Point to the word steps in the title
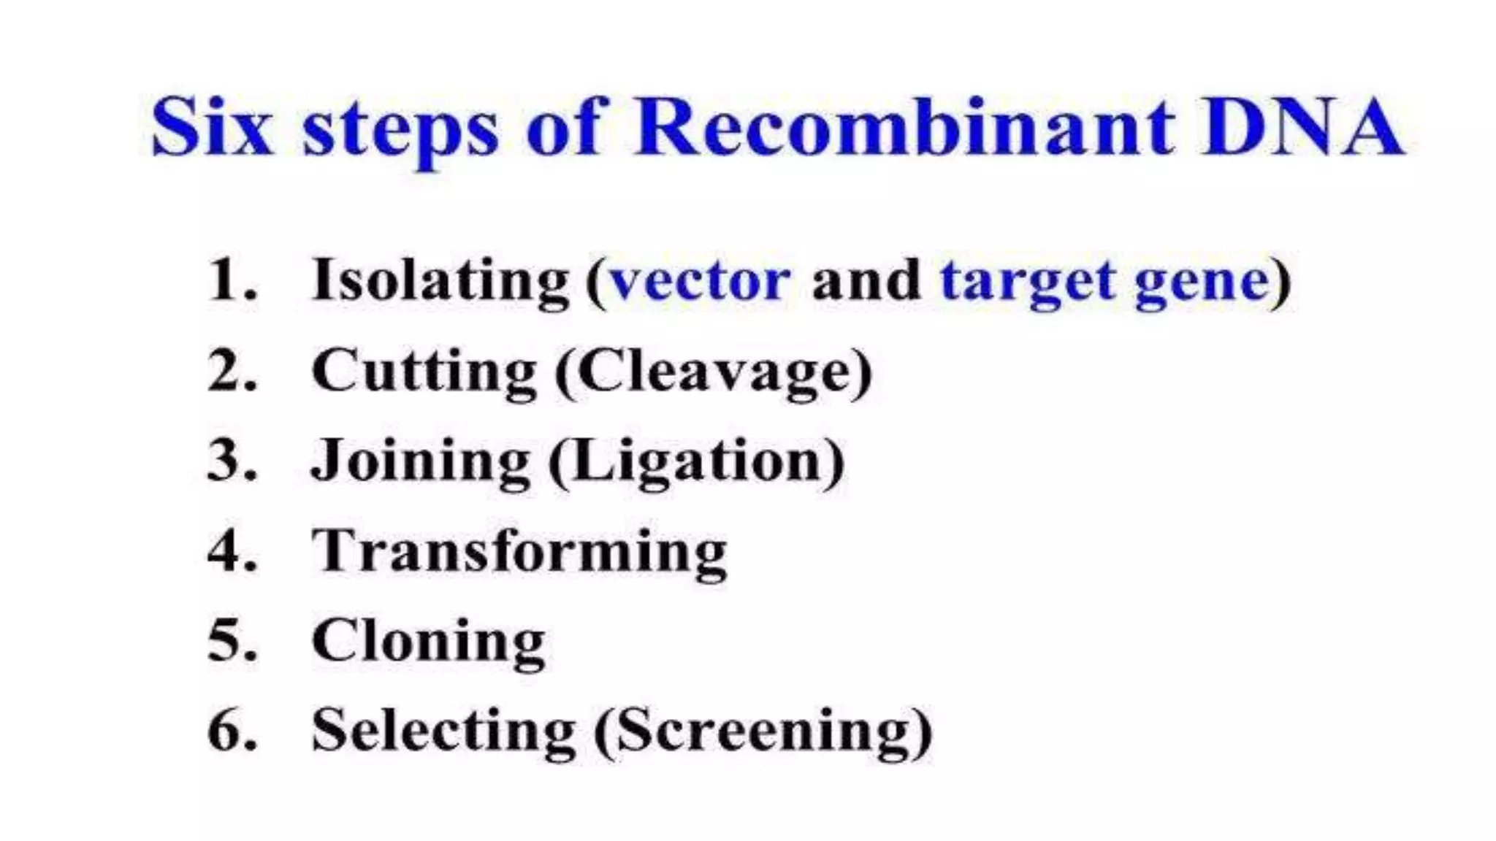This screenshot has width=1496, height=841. coord(400,131)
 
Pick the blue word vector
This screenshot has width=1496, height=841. coord(700,280)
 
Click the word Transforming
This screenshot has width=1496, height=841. coord(519,552)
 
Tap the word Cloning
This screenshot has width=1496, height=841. coord(428,641)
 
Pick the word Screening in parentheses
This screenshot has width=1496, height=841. coord(763,731)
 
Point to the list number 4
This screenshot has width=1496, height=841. coord(232,550)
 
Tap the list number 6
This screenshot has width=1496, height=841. coord(232,730)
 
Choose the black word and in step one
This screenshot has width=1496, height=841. coord(866,280)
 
